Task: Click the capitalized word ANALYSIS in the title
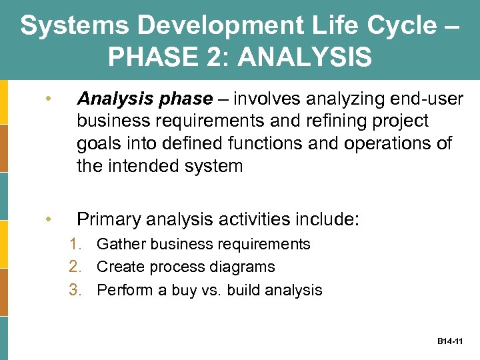(x=305, y=57)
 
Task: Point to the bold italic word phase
(x=182, y=99)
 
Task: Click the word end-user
(x=426, y=99)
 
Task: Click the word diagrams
(x=244, y=267)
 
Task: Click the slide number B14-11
(x=450, y=341)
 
